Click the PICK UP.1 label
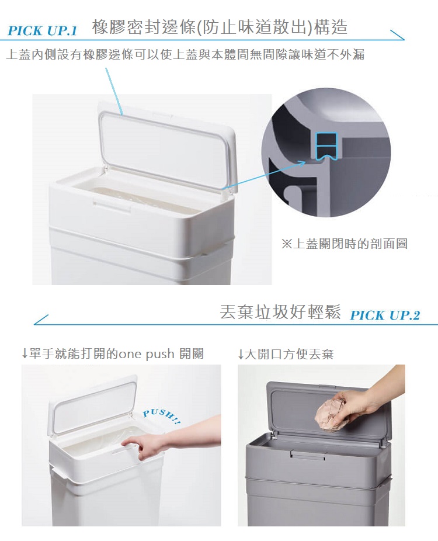click(x=42, y=30)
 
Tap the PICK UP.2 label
click(x=385, y=315)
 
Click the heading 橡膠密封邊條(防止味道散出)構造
click(x=220, y=27)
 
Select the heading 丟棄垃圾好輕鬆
click(x=280, y=312)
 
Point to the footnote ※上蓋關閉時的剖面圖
click(x=345, y=244)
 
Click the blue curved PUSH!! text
click(x=162, y=416)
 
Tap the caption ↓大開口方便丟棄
click(x=286, y=354)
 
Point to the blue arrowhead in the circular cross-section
click(x=301, y=162)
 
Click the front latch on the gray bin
click(x=308, y=454)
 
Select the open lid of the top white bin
click(x=167, y=146)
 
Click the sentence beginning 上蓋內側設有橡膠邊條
click(x=185, y=54)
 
